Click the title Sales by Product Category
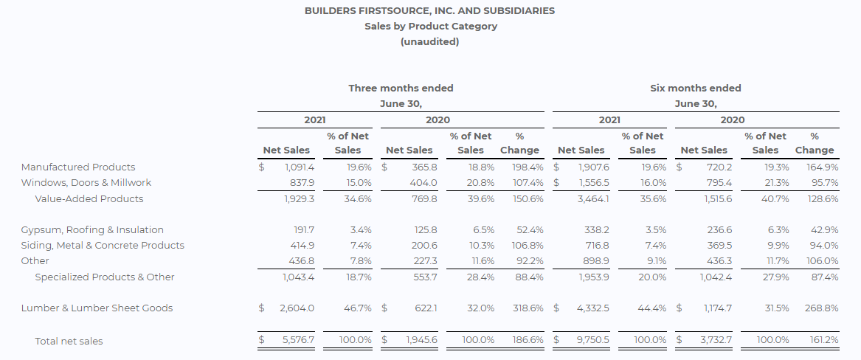431,27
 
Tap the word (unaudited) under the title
430,42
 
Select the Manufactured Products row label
78,167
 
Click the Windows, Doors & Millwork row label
86,183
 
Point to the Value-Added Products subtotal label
89,198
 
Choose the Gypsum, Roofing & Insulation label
92,230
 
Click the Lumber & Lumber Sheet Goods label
97,308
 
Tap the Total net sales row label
69,341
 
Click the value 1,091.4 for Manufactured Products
300,167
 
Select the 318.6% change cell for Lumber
528,308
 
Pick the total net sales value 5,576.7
298,339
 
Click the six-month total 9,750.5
592,339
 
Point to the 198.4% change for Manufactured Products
528,167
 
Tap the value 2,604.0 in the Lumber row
297,308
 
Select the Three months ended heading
401,89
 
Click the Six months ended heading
696,89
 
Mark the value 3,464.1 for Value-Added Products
593,198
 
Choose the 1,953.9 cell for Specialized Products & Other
594,277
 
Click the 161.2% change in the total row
824,339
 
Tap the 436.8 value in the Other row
302,260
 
